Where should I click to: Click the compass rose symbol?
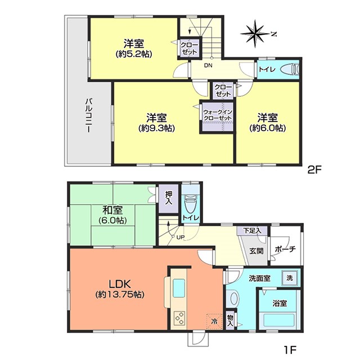coord(255,34)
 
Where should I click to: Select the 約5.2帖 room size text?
coord(134,55)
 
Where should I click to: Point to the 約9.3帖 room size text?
coord(156,128)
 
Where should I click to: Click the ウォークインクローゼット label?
coord(218,115)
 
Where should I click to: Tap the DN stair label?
coord(208,65)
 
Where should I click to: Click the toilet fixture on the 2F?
coord(290,69)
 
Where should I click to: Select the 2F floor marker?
coord(314,170)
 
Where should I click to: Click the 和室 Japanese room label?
coord(112,210)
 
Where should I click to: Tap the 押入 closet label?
coord(169,198)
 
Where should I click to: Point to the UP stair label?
coord(181,237)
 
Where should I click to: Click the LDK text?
coord(120,284)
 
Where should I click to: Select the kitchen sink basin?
coord(179,289)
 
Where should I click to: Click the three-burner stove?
coord(179,318)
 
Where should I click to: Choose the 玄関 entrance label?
coord(256,251)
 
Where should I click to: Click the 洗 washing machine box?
coord(290,278)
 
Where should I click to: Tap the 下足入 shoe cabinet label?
coord(252,231)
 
